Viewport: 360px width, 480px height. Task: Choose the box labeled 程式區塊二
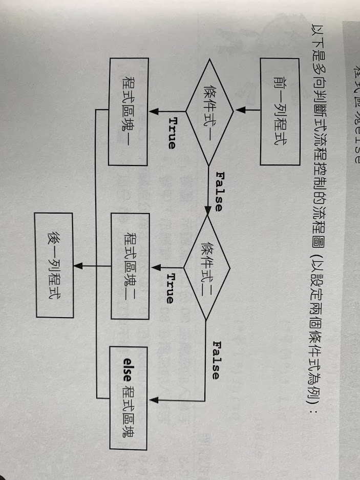(130, 266)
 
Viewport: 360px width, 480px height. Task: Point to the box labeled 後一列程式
(54, 265)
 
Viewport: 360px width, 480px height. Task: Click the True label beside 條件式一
(172, 133)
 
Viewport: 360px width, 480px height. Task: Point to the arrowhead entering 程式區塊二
(154, 266)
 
